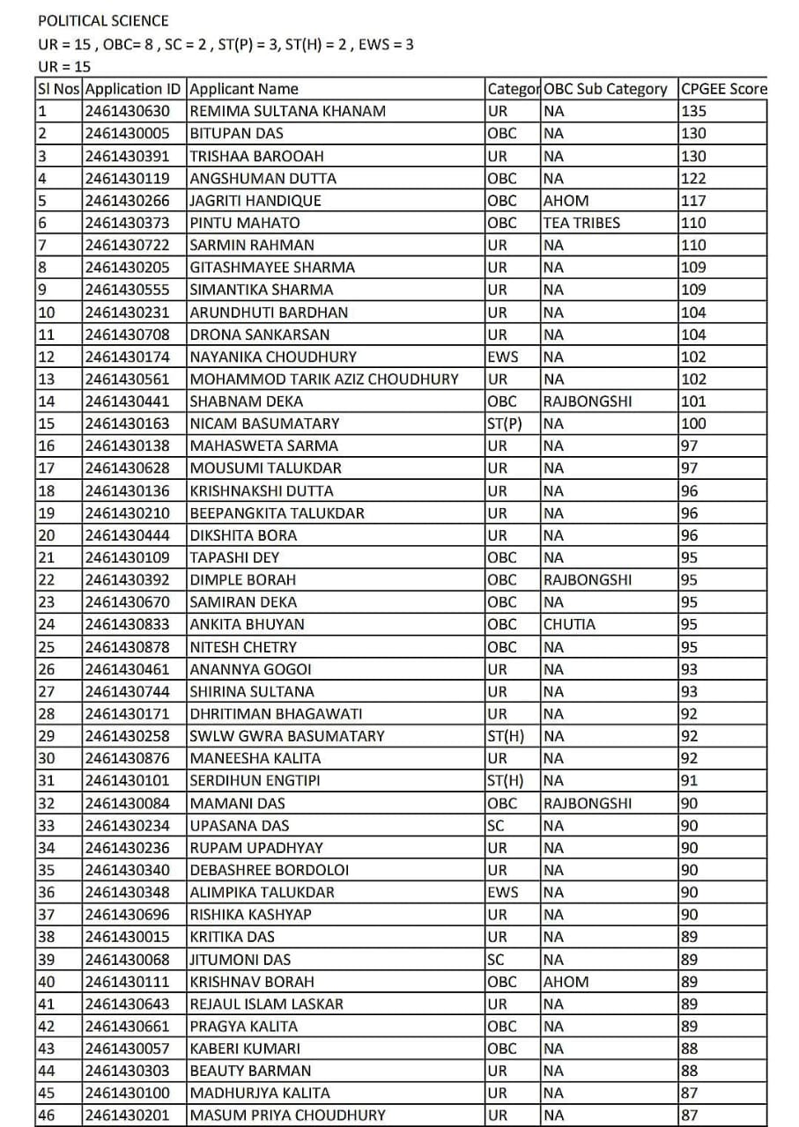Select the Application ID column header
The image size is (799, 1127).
pyautogui.click(x=135, y=89)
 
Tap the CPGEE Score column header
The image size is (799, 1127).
pyautogui.click(x=723, y=89)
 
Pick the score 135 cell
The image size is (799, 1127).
pyautogui.click(x=694, y=111)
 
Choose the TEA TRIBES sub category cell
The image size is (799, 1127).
pyautogui.click(x=581, y=223)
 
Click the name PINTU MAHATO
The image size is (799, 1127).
pyautogui.click(x=245, y=223)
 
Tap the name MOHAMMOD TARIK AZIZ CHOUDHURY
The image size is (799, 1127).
pyautogui.click(x=324, y=379)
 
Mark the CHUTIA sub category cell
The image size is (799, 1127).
pyautogui.click(x=569, y=624)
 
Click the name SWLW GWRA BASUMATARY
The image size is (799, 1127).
pyautogui.click(x=287, y=736)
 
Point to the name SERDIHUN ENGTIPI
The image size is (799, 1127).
pyautogui.click(x=255, y=780)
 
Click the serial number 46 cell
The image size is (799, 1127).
pyautogui.click(x=47, y=1115)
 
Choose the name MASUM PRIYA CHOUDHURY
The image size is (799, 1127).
pyautogui.click(x=287, y=1115)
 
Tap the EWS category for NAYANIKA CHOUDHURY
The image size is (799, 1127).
pyautogui.click(x=503, y=357)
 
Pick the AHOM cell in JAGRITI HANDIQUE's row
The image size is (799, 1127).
pyautogui.click(x=566, y=201)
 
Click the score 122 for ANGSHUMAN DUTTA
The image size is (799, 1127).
pyautogui.click(x=694, y=178)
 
